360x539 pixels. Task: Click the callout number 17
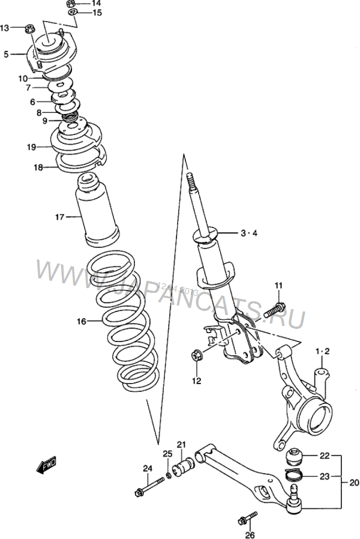(60, 217)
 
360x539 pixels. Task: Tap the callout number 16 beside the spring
(81, 322)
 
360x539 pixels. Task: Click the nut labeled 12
(196, 357)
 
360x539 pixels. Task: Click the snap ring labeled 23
(294, 477)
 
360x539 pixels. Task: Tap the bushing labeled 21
(182, 468)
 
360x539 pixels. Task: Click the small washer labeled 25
(169, 475)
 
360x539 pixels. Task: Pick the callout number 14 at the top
(97, 3)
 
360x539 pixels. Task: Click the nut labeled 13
(29, 28)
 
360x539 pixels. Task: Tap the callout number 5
(6, 54)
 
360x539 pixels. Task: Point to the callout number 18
(38, 168)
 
